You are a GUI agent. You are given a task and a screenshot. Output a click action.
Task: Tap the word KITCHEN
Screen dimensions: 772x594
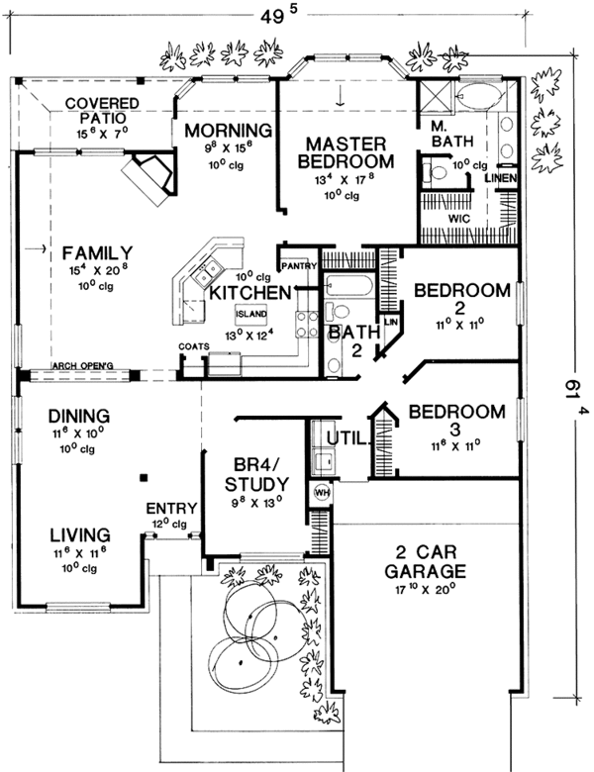point(248,293)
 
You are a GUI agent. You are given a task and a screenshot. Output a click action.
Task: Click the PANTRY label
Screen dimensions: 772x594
point(297,266)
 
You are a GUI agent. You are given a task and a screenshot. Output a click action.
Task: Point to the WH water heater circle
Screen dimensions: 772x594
point(321,492)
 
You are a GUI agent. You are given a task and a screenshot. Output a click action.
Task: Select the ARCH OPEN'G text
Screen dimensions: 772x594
point(84,366)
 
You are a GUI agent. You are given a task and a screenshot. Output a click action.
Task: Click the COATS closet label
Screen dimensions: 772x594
point(193,346)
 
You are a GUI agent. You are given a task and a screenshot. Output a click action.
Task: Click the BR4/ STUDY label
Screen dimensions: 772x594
point(254,474)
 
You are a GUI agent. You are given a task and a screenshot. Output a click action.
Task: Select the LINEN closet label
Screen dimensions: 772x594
point(500,177)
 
